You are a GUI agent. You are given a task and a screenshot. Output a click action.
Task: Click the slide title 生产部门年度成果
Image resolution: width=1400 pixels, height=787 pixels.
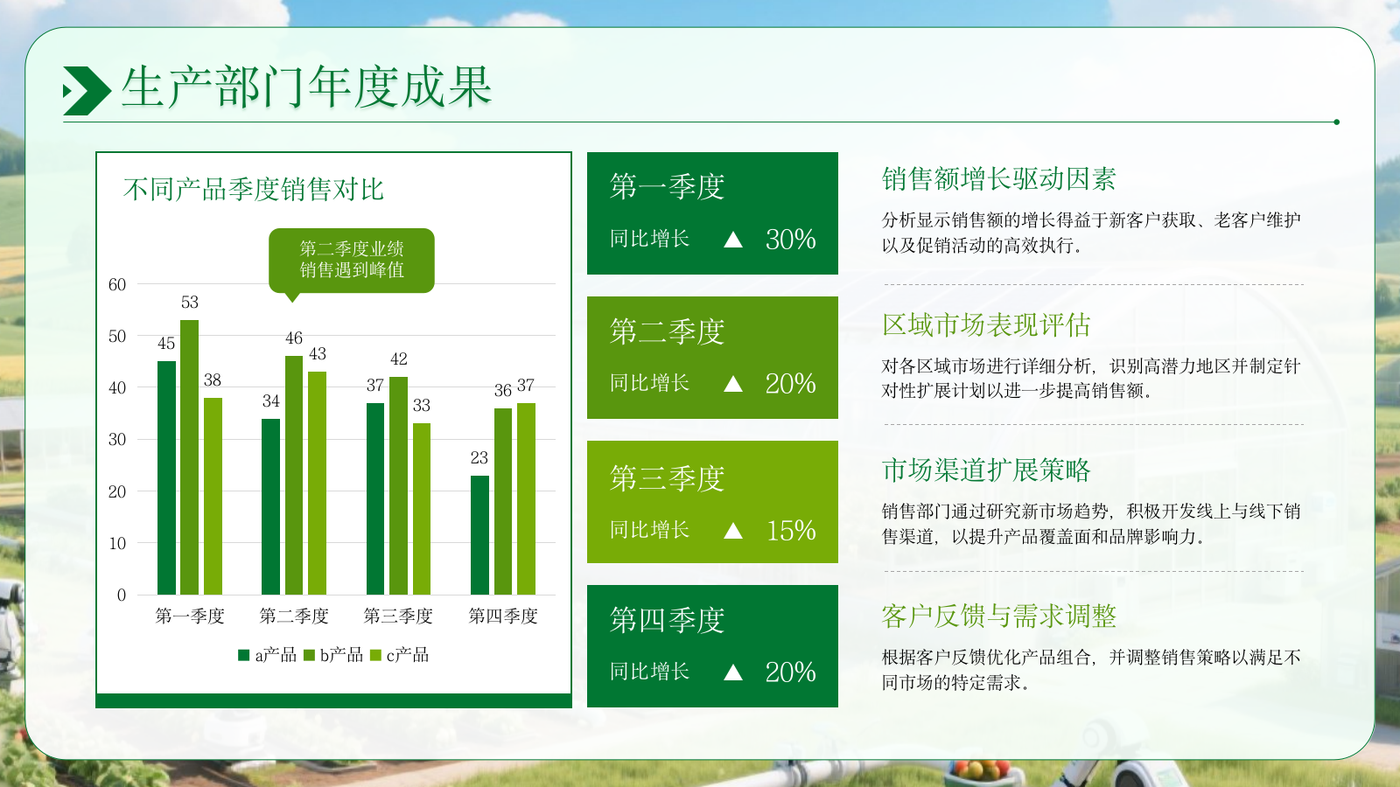pyautogui.click(x=306, y=87)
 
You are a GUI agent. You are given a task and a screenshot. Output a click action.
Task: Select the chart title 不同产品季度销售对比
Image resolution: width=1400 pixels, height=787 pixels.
pyautogui.click(x=254, y=189)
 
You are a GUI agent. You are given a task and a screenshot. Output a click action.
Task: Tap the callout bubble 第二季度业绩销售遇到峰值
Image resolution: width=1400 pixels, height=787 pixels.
pyautogui.click(x=352, y=260)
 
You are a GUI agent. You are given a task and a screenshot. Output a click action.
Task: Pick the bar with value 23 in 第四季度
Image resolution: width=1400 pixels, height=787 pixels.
pyautogui.click(x=479, y=535)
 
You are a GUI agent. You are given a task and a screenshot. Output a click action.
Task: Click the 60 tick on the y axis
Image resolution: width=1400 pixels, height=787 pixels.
pyautogui.click(x=117, y=285)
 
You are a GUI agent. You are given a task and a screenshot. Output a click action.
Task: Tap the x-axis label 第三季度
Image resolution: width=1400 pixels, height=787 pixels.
pyautogui.click(x=398, y=616)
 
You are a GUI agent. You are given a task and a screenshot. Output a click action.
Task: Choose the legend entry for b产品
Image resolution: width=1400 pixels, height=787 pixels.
pyautogui.click(x=333, y=655)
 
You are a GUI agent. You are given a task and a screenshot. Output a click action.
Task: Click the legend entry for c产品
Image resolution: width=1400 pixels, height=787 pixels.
pyautogui.click(x=400, y=655)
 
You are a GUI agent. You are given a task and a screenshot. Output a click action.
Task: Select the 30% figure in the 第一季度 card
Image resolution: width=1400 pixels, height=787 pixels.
pyautogui.click(x=790, y=240)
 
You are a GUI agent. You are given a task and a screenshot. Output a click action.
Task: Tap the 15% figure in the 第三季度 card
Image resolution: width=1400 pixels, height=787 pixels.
pyautogui.click(x=791, y=531)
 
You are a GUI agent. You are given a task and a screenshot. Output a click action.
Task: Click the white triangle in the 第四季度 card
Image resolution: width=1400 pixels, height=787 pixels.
pyautogui.click(x=733, y=672)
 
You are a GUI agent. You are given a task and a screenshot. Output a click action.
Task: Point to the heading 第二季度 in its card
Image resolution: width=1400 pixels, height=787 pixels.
pyautogui.click(x=667, y=332)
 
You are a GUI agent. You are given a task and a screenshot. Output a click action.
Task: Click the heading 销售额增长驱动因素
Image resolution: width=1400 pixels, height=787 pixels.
pyautogui.click(x=999, y=179)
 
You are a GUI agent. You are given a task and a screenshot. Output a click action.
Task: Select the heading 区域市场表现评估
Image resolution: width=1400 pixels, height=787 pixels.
pyautogui.click(x=986, y=325)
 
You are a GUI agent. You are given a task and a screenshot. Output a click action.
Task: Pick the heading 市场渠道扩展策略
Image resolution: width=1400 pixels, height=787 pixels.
pyautogui.click(x=986, y=470)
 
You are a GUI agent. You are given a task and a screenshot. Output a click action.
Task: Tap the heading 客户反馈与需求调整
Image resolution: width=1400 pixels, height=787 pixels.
pyautogui.click(x=999, y=616)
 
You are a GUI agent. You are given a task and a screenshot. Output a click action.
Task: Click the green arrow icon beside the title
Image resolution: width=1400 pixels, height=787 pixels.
pyautogui.click(x=87, y=90)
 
